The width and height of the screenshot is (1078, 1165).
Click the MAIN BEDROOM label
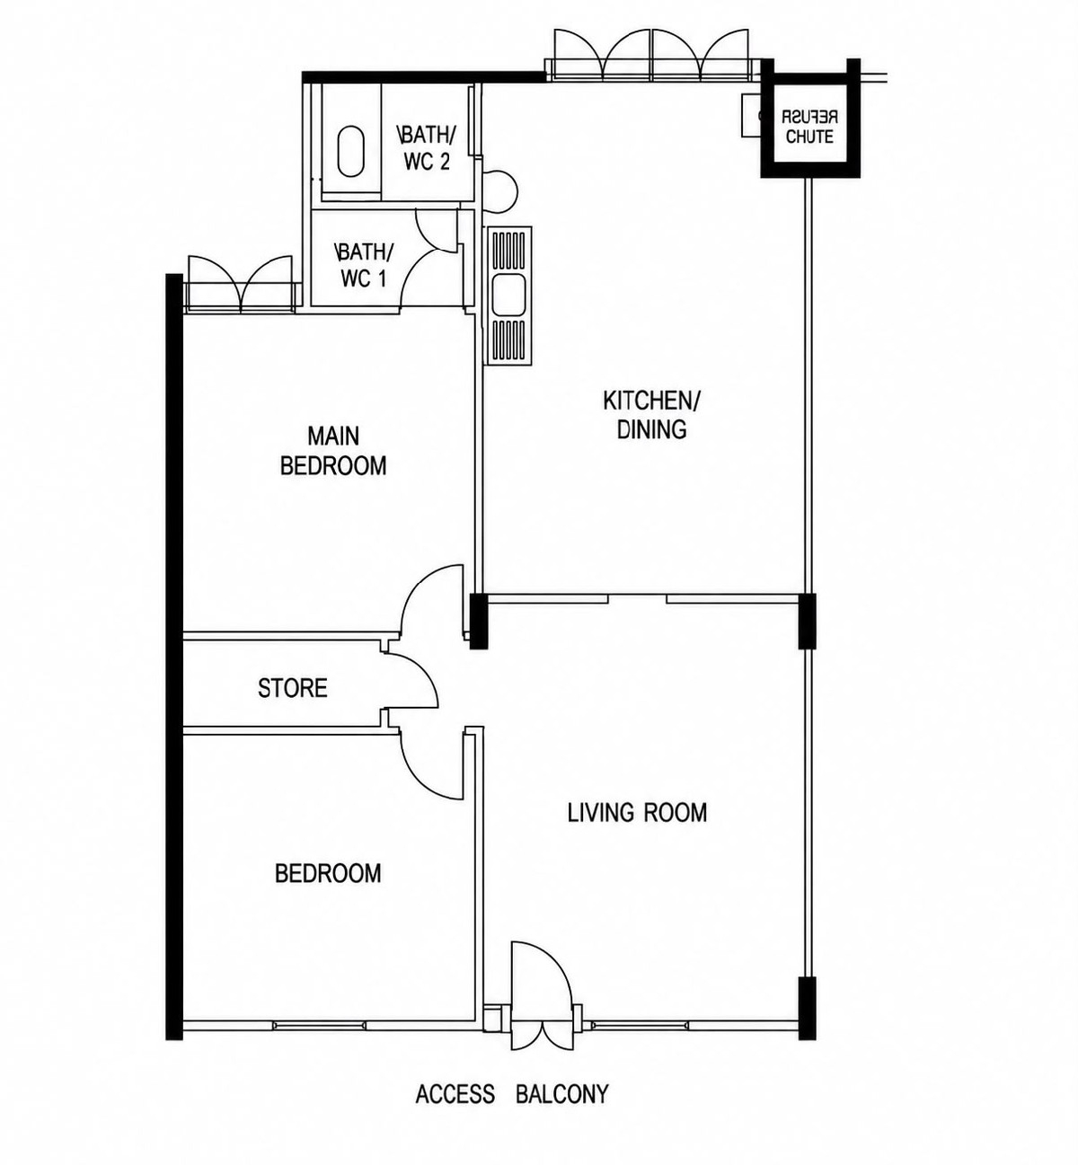(x=333, y=451)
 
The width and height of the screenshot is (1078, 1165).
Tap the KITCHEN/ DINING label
(x=652, y=415)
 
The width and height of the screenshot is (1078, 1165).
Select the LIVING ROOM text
(x=637, y=813)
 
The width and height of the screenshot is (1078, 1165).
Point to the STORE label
(x=292, y=688)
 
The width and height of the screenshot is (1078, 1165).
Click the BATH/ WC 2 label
(x=427, y=148)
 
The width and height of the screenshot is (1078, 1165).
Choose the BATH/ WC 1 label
(x=364, y=265)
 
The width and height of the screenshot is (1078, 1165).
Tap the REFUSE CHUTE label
(x=809, y=127)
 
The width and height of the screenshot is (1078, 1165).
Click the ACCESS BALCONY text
(x=512, y=1095)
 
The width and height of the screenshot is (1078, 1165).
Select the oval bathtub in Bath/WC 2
(x=351, y=150)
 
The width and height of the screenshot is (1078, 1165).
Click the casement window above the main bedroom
(x=241, y=283)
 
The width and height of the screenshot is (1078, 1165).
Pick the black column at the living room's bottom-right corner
(x=807, y=1008)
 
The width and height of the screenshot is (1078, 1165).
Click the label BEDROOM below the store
(x=328, y=873)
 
